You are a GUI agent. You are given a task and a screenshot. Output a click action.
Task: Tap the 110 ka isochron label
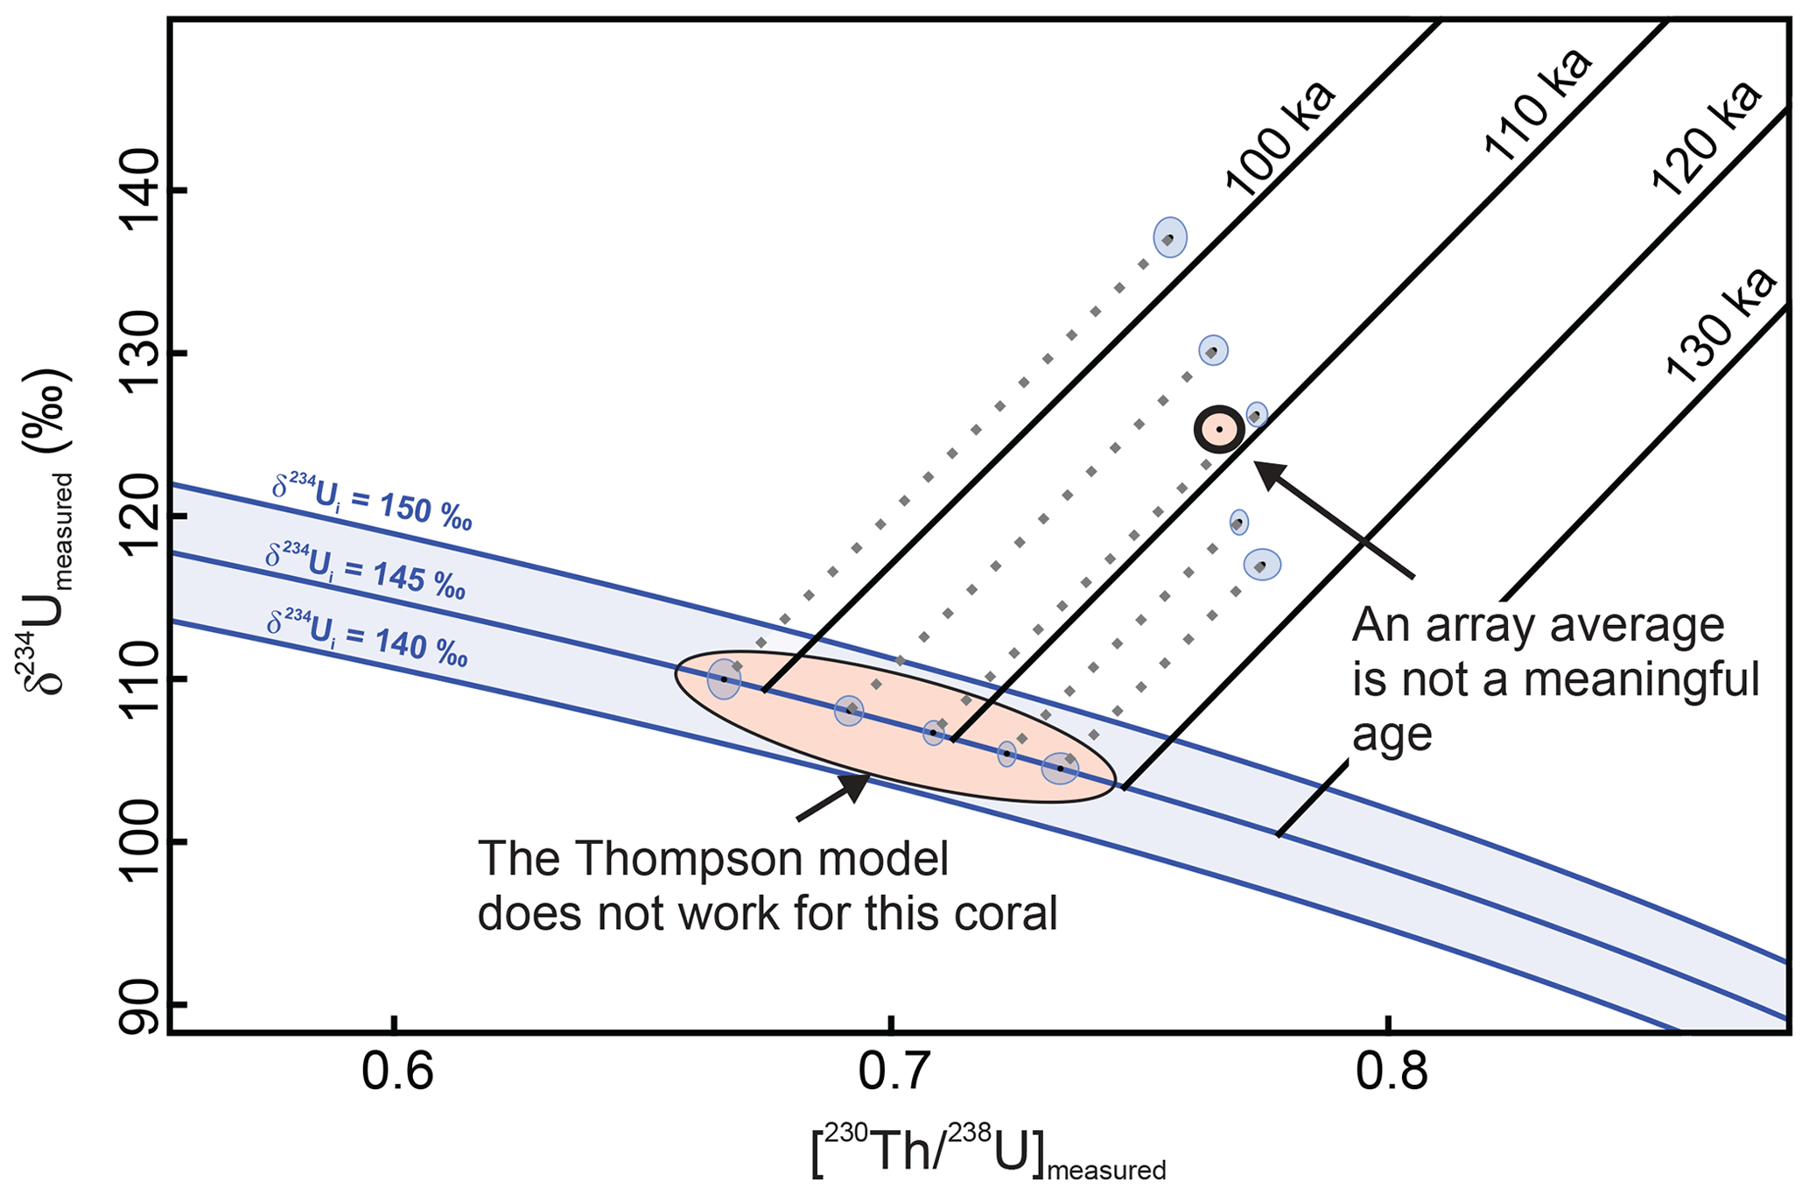pyautogui.click(x=1539, y=105)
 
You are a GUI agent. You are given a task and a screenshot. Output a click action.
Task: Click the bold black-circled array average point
pyautogui.click(x=1219, y=429)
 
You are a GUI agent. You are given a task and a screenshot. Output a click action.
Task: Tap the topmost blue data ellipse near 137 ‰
pyautogui.click(x=1169, y=237)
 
